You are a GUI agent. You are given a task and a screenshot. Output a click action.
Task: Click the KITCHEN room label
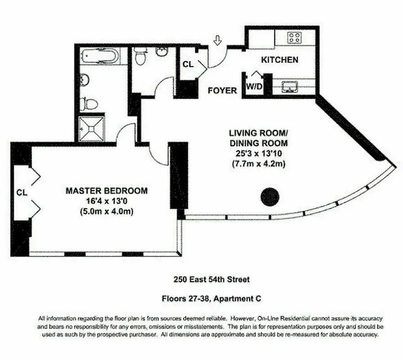(x=280, y=59)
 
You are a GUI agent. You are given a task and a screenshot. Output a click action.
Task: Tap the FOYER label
(x=222, y=90)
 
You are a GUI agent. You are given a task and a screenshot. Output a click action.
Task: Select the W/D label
(x=253, y=87)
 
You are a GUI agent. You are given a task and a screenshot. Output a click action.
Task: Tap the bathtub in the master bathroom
(x=100, y=57)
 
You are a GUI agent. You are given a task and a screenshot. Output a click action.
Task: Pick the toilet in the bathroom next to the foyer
(x=141, y=57)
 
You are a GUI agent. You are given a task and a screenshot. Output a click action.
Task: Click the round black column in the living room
(x=270, y=196)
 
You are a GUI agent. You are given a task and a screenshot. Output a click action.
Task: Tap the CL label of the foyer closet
(x=188, y=64)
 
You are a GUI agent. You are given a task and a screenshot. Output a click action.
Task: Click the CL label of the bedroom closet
(x=22, y=192)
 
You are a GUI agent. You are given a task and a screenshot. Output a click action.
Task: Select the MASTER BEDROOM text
(x=107, y=191)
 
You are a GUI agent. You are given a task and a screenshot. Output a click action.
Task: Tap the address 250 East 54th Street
(x=211, y=279)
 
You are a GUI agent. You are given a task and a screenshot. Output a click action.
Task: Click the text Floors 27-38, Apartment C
(x=211, y=298)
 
